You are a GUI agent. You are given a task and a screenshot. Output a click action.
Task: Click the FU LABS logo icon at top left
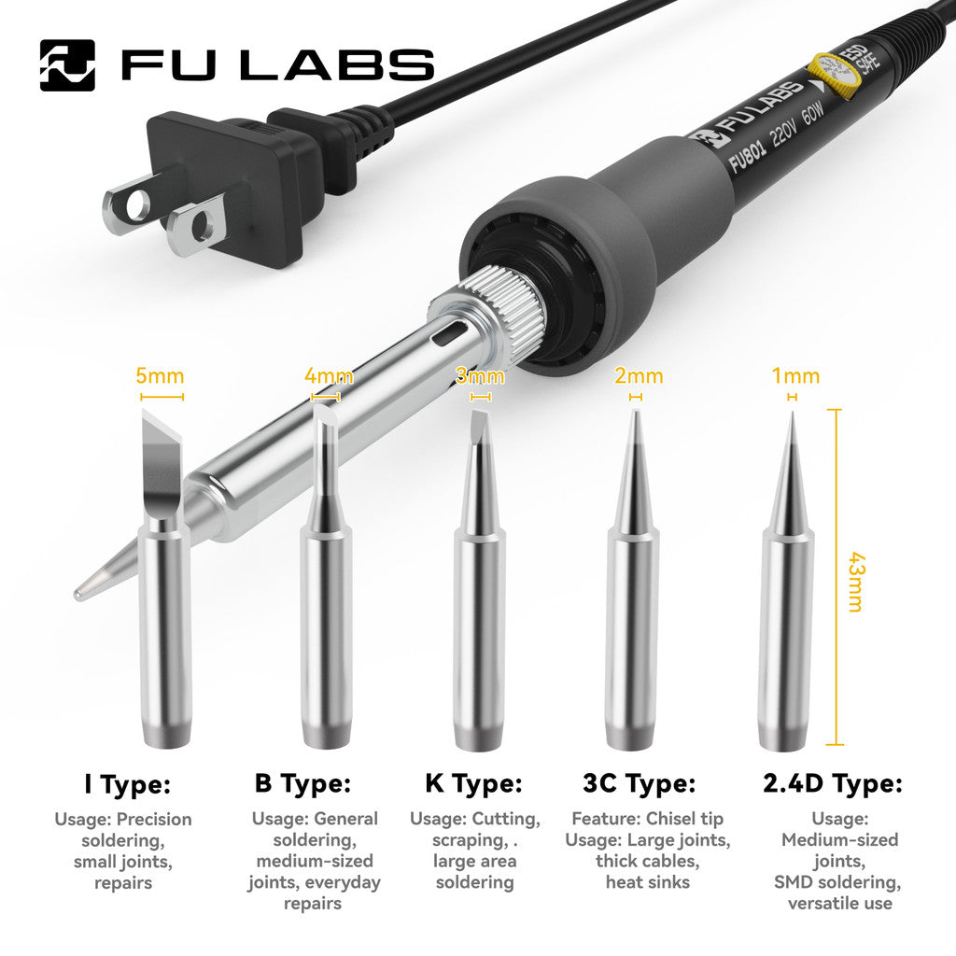click(x=67, y=64)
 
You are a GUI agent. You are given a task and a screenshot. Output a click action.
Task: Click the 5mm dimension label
click(x=160, y=376)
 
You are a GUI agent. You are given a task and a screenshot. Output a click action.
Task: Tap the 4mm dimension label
click(x=329, y=376)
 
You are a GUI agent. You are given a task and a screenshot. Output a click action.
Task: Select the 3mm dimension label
click(x=479, y=376)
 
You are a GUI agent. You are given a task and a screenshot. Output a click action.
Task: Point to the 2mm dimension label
click(x=639, y=376)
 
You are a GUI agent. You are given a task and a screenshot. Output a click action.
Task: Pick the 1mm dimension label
click(x=794, y=376)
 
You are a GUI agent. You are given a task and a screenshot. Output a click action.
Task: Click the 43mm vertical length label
click(x=853, y=579)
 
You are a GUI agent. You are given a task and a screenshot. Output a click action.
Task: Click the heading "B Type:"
click(x=302, y=784)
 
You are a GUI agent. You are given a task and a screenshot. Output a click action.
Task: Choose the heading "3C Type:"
click(x=639, y=784)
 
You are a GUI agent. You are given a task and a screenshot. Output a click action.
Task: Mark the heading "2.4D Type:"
click(x=833, y=784)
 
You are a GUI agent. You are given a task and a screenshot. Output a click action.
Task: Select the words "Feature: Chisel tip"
click(x=647, y=819)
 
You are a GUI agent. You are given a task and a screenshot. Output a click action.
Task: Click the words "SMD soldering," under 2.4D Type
click(x=837, y=882)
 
